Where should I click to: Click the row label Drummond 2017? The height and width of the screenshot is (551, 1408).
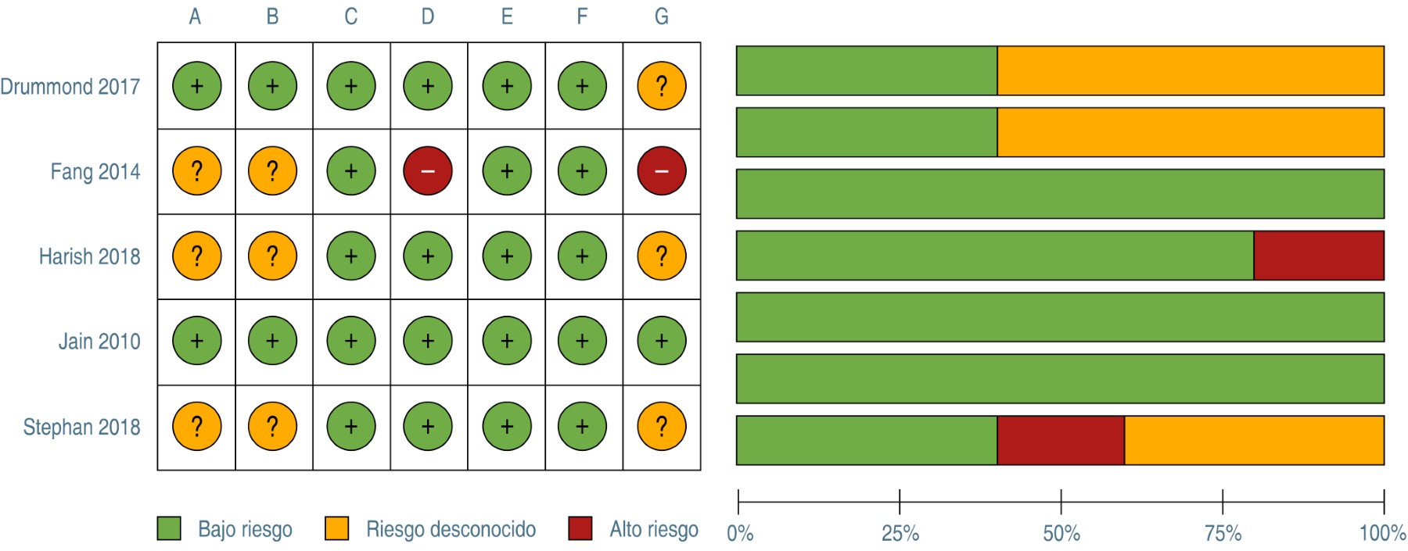point(70,86)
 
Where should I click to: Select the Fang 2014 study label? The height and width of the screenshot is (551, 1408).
point(95,171)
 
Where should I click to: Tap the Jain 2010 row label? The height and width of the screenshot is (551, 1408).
point(99,342)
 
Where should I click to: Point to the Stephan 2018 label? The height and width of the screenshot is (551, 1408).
point(82,427)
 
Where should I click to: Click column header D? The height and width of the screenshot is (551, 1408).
point(428,16)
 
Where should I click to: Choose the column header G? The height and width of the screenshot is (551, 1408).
point(662,16)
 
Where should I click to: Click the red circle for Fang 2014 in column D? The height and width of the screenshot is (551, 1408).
point(428,171)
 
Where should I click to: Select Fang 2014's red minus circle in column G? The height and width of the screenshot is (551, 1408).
point(662,171)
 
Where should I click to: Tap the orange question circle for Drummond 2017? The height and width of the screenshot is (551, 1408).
point(662,86)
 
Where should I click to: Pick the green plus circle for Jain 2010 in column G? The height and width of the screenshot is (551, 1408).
point(662,342)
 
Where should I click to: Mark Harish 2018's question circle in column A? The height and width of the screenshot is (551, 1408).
point(196,256)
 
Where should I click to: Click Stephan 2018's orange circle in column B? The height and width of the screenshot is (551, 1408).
point(272,427)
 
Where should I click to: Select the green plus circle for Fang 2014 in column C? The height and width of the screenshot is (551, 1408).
point(351,171)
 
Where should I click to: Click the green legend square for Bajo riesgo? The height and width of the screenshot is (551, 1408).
point(169,528)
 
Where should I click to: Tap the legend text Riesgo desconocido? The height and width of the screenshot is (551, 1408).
point(451,529)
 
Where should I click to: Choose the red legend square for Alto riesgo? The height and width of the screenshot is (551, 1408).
point(580,528)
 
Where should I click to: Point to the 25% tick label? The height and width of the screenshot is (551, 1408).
point(900,534)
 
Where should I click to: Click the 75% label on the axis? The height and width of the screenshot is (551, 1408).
point(1223,534)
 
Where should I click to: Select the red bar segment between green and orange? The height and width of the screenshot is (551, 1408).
point(1061,440)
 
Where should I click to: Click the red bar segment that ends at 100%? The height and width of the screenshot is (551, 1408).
point(1319,256)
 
